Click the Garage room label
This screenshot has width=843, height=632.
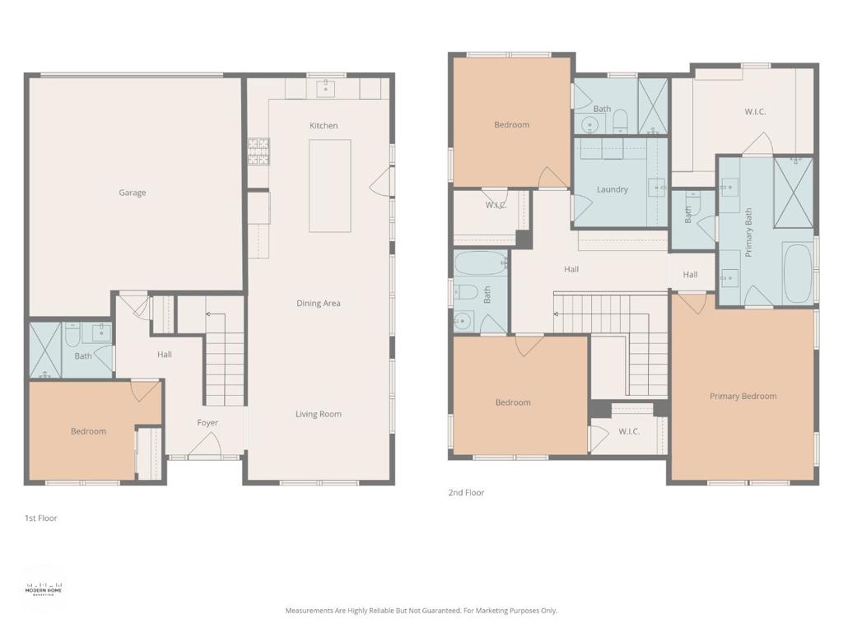click(133, 193)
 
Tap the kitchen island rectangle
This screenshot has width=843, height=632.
click(329, 186)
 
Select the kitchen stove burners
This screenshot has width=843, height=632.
click(258, 151)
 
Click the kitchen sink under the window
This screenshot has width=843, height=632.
click(325, 89)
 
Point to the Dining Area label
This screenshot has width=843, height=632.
click(319, 303)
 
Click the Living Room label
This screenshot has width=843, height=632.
click(319, 414)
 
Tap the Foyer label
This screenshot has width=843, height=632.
click(207, 423)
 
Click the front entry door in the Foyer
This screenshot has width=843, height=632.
click(204, 445)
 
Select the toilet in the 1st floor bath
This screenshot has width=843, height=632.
click(72, 334)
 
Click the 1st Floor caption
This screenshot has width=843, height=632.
click(41, 518)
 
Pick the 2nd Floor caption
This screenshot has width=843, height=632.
click(466, 492)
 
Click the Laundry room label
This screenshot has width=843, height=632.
click(612, 189)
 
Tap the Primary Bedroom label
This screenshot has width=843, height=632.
click(743, 396)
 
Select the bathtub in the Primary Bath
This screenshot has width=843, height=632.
click(798, 273)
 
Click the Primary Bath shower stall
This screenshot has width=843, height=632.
click(794, 193)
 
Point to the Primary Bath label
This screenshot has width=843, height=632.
click(748, 232)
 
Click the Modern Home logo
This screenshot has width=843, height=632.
click(44, 589)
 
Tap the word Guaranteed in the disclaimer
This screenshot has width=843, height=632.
click(440, 611)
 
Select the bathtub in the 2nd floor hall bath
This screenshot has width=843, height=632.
click(480, 263)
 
